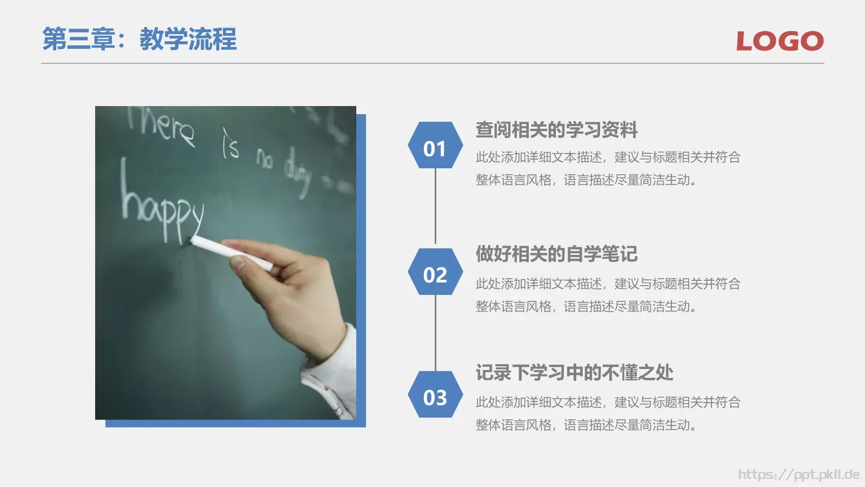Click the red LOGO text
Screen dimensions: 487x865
click(x=780, y=41)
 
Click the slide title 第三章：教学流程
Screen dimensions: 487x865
click(x=139, y=40)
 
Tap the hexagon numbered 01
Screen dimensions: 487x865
click(x=435, y=149)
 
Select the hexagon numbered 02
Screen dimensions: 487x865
click(x=435, y=275)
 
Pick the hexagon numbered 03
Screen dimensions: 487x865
click(x=435, y=398)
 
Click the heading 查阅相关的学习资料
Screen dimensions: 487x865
click(x=556, y=130)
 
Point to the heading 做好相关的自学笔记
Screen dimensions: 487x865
click(x=556, y=254)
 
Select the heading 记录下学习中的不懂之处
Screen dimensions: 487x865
click(x=574, y=373)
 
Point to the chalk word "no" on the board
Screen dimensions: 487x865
click(x=265, y=159)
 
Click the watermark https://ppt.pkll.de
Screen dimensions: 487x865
click(x=799, y=475)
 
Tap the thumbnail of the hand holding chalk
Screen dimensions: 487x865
click(x=225, y=262)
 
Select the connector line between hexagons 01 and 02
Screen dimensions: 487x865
click(x=435, y=208)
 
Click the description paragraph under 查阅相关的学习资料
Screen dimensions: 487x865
click(x=608, y=168)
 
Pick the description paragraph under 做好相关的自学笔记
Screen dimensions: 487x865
click(x=608, y=295)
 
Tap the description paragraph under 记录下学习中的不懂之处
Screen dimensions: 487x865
click(x=608, y=413)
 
